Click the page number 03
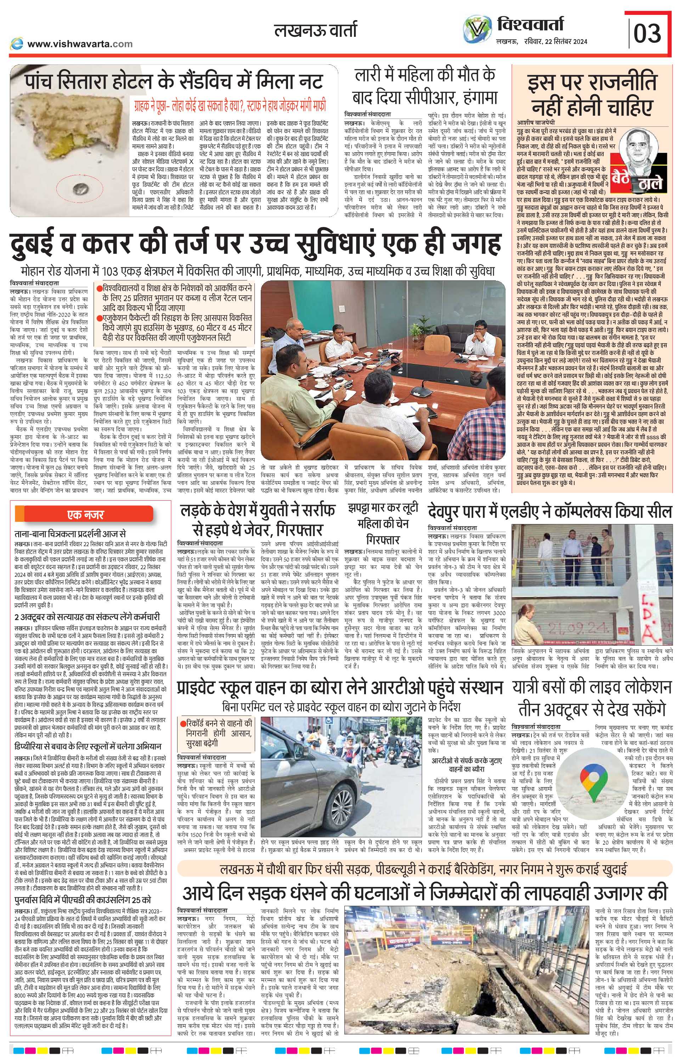tap(647, 33)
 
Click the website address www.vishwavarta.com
tap(80, 44)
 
